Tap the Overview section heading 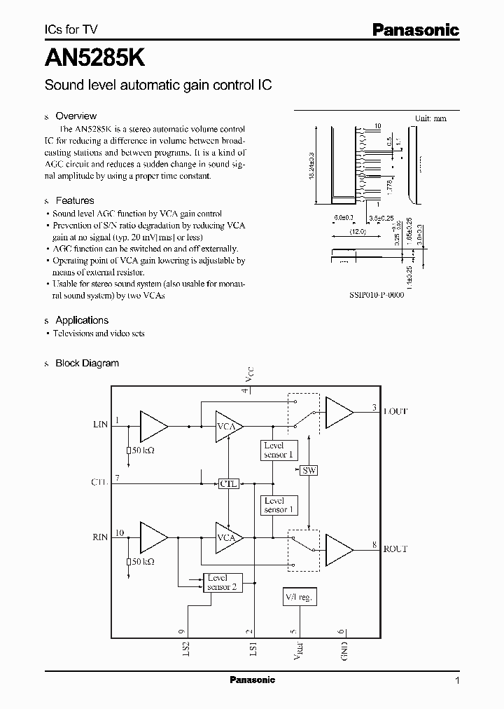click(76, 116)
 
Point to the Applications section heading click(82, 320)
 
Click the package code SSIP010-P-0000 click(376, 295)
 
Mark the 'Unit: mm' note click(430, 119)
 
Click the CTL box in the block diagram click(229, 483)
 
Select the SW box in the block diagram click(309, 471)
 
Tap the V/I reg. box click(300, 597)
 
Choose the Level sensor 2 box click(223, 582)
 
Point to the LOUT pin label click(395, 411)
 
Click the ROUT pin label click(395, 549)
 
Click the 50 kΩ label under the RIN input click(143, 562)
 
